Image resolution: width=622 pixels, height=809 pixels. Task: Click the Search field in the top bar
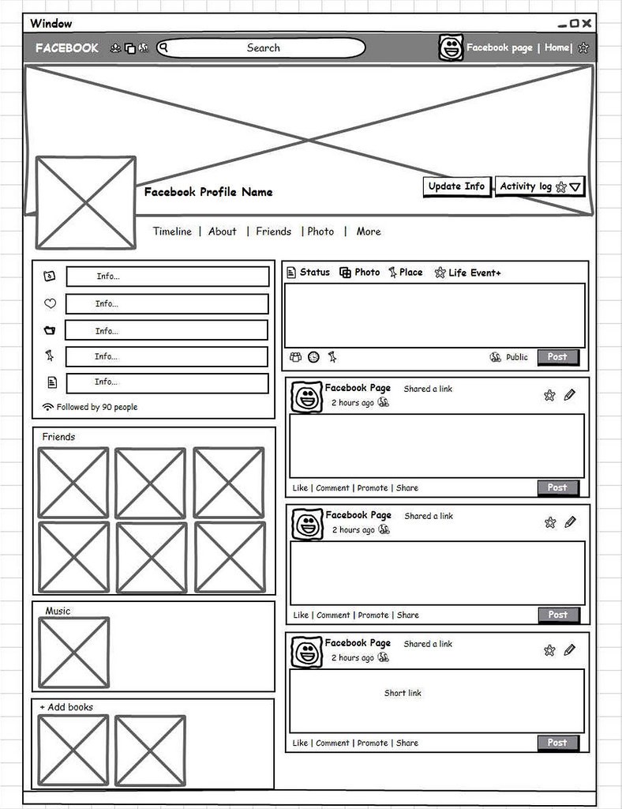click(x=263, y=48)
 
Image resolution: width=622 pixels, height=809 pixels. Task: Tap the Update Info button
click(x=456, y=186)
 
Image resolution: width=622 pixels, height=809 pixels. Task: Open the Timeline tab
click(x=172, y=231)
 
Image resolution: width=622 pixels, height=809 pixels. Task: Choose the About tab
click(x=222, y=231)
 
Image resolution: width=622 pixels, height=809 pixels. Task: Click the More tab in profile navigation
click(x=368, y=231)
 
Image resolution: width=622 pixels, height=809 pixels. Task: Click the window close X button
click(x=587, y=24)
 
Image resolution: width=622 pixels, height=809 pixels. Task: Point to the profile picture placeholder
click(x=85, y=202)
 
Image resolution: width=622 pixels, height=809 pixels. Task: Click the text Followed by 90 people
click(x=96, y=408)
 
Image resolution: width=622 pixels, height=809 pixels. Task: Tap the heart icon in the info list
click(x=50, y=303)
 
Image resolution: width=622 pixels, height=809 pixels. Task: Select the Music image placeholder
click(x=74, y=653)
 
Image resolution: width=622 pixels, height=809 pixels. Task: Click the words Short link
click(x=403, y=694)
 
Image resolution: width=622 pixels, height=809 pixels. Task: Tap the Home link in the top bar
click(x=556, y=48)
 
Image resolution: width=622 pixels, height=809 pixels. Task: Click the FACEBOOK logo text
click(x=67, y=48)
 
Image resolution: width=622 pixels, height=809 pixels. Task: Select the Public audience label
click(x=516, y=357)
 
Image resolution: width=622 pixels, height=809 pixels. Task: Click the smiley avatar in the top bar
click(x=451, y=47)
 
